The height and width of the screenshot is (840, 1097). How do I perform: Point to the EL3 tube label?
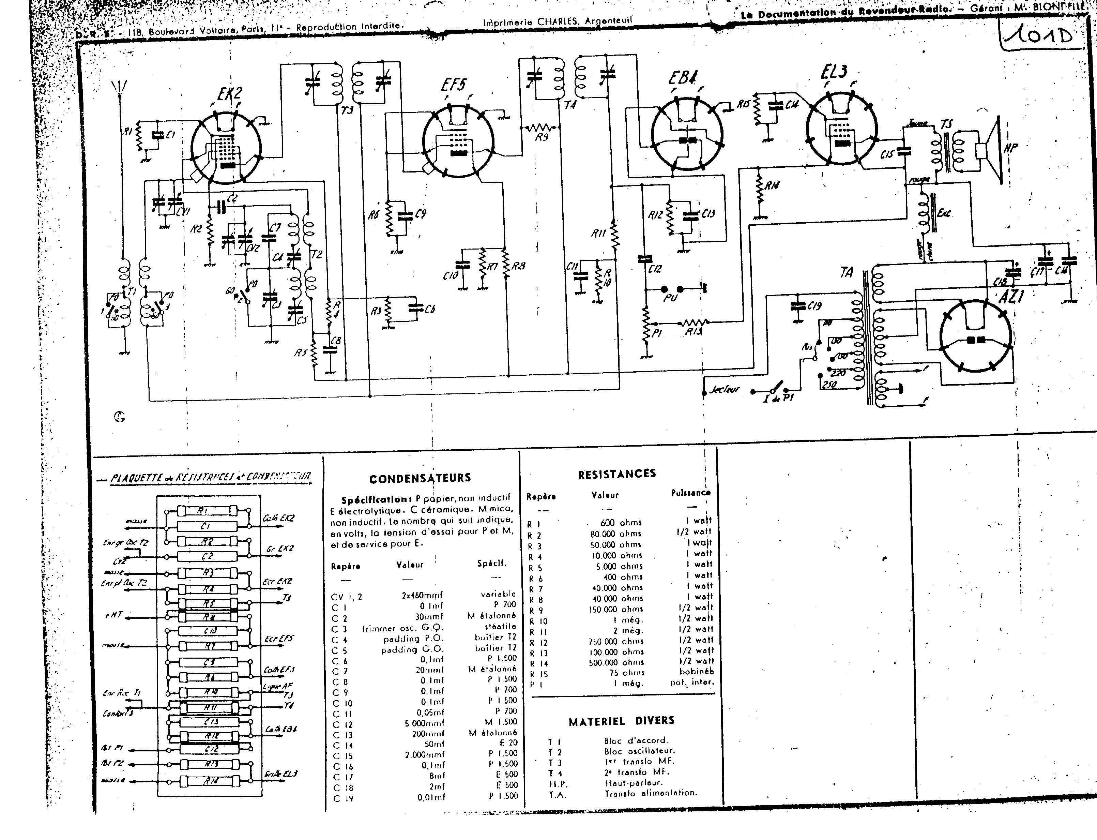pos(834,73)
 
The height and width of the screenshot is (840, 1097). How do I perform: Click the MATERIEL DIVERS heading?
pos(621,720)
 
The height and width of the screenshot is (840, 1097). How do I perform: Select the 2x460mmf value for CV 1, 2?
pos(422,595)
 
